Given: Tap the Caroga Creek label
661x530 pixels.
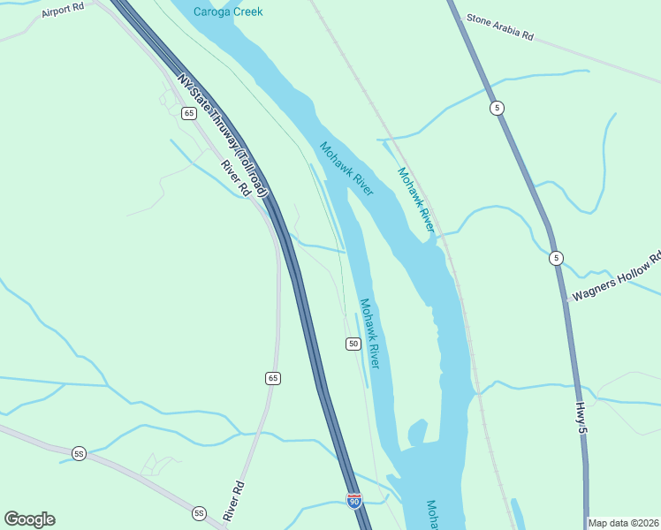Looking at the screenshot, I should pos(229,11).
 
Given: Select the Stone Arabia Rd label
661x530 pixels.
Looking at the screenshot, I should pos(500,26).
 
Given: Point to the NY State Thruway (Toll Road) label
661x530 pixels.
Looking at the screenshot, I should pos(222,134).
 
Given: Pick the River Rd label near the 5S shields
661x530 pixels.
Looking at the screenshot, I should pos(236,501).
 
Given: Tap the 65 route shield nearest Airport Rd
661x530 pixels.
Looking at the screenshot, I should pos(188,113).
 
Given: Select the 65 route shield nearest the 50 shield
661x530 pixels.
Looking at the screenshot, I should pos(272,378).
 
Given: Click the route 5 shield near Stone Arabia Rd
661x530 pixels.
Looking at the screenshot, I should pos(498,108).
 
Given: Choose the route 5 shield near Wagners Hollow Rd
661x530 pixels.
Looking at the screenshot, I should pos(555,258).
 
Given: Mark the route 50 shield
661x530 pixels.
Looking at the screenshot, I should pos(353,343).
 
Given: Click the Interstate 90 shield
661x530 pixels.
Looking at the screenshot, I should pos(354,501).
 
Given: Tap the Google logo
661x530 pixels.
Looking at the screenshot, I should pos(29,519).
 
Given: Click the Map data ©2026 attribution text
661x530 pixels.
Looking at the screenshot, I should pos(623,523).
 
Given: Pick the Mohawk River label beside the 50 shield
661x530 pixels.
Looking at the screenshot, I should pos(369,333).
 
